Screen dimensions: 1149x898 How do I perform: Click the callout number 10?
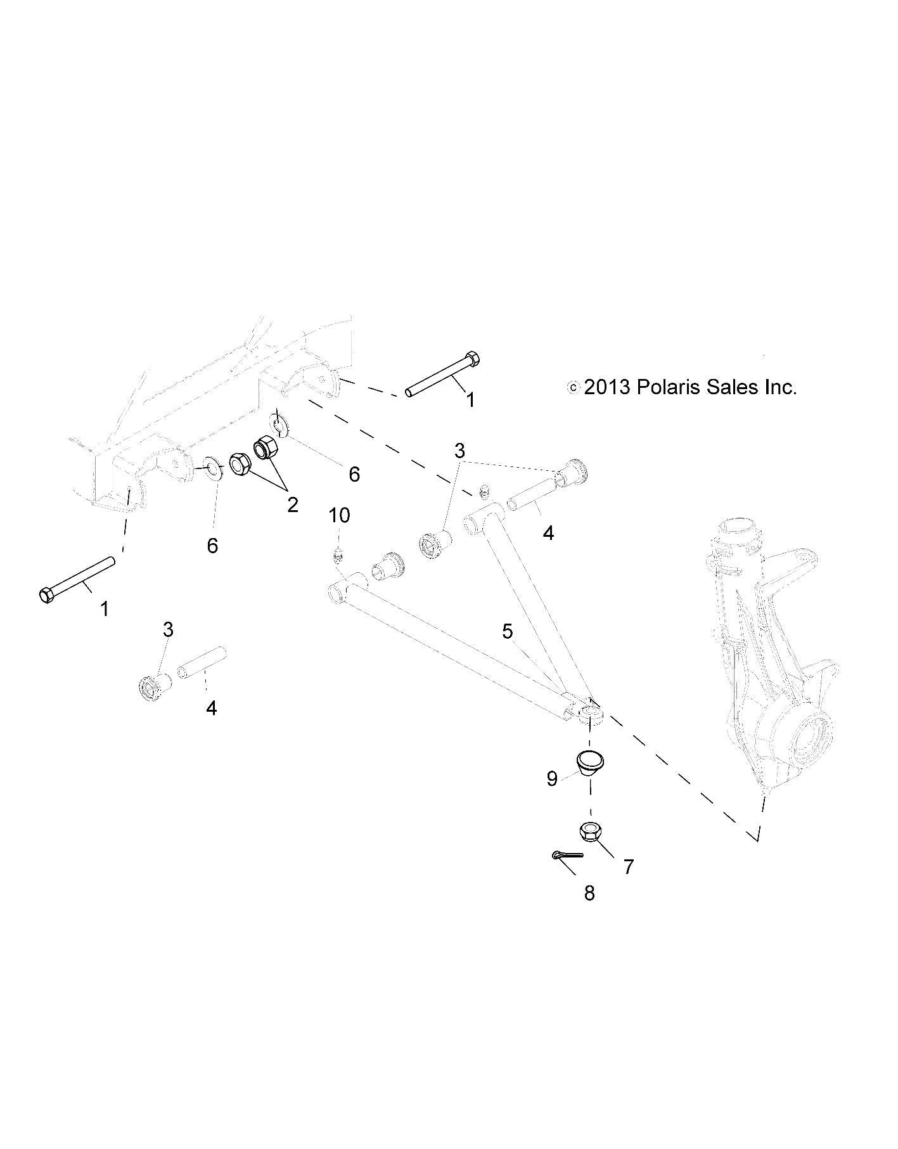click(x=339, y=515)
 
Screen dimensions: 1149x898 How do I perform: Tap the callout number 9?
click(x=552, y=779)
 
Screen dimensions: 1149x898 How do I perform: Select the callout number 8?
click(x=589, y=893)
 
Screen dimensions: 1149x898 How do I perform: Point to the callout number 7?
click(x=628, y=866)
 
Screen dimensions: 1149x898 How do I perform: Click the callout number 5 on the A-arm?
click(x=507, y=631)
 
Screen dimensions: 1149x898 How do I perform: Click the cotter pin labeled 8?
click(x=566, y=855)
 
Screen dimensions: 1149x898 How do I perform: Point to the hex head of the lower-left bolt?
click(x=46, y=596)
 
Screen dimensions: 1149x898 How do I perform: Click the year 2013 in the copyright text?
click(x=606, y=387)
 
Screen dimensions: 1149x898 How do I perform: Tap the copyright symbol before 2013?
click(x=573, y=387)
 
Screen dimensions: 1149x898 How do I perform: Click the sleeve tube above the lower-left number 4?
click(x=202, y=662)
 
